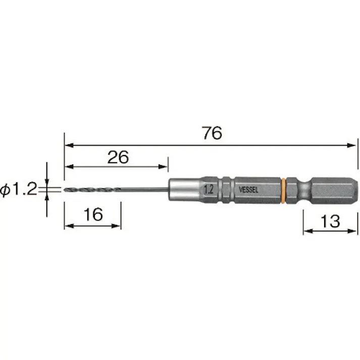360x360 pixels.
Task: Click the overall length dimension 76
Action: coord(212,133)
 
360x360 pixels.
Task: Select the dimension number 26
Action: coord(118,157)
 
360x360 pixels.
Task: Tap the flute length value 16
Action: coord(93,215)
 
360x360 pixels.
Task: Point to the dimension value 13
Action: coord(330,221)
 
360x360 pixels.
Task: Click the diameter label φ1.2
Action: coord(18,190)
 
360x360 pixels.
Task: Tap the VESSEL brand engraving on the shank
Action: coord(248,190)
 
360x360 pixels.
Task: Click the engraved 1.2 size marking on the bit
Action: coord(209,190)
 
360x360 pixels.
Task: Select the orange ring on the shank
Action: coord(283,190)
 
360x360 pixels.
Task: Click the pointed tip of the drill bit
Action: coord(64,190)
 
